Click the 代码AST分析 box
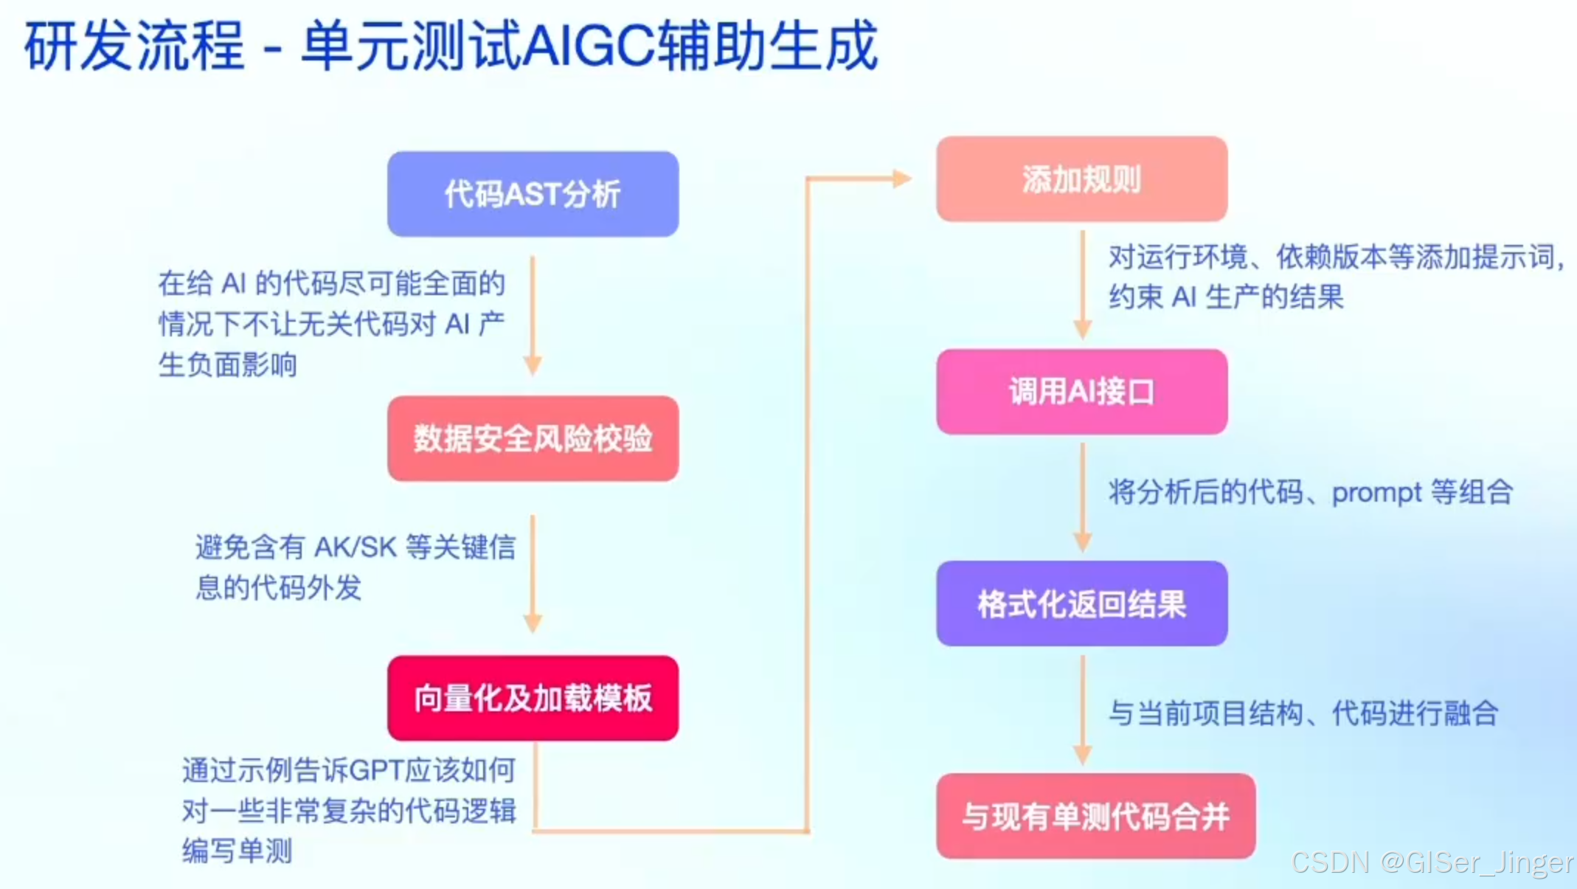tap(533, 194)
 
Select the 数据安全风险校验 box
tap(533, 439)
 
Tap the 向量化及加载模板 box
tap(533, 698)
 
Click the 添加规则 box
tap(1081, 179)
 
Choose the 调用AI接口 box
tap(1081, 392)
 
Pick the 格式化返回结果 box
tap(1081, 603)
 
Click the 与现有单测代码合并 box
tap(1095, 816)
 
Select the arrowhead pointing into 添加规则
tap(901, 179)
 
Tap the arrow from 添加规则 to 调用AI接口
tap(1082, 285)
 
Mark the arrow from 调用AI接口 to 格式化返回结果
tap(1082, 497)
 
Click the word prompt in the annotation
tap(1376, 493)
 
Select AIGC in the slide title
tap(589, 46)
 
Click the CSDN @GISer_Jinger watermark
tap(1432, 862)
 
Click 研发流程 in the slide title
tap(134, 46)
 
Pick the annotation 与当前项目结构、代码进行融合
tap(1303, 713)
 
